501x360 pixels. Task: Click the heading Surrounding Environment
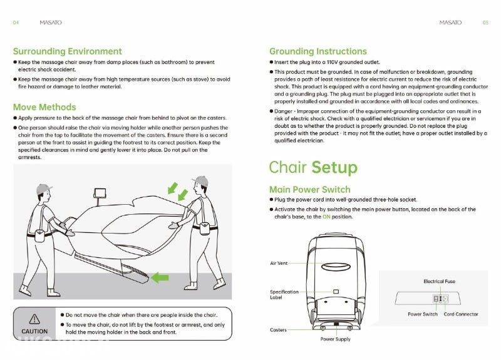(x=68, y=51)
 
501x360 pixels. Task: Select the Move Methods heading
(x=44, y=107)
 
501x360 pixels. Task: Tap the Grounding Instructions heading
(x=318, y=51)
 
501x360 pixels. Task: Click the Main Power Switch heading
(x=309, y=190)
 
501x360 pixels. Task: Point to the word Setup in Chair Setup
(x=334, y=168)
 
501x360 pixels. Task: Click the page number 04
(x=16, y=23)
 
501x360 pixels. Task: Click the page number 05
(x=485, y=23)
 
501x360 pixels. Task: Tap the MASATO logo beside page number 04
(x=51, y=23)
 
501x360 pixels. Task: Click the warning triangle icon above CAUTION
(x=34, y=319)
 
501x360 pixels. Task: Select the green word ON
(x=326, y=217)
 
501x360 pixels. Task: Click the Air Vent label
(x=279, y=263)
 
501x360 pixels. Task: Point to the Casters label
(x=278, y=330)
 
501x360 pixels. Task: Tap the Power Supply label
(x=336, y=339)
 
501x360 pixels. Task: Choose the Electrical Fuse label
(x=440, y=281)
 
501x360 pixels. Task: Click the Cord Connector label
(x=461, y=314)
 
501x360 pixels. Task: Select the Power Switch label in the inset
(x=423, y=314)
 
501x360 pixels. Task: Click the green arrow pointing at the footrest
(x=160, y=277)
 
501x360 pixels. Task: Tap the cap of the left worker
(x=43, y=188)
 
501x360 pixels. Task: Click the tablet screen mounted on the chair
(x=100, y=193)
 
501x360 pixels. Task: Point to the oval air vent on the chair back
(x=336, y=266)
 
